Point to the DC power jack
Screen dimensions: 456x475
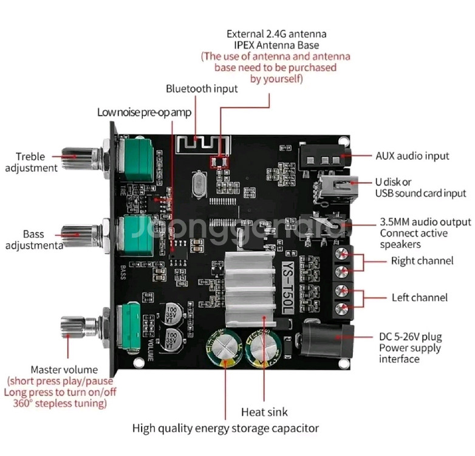pyautogui.click(x=329, y=339)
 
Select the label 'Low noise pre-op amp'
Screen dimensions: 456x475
pyautogui.click(x=144, y=112)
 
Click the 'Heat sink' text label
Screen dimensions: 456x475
pyautogui.click(x=264, y=412)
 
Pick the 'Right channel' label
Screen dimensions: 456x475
pyautogui.click(x=422, y=261)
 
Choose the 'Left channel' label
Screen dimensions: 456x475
pyautogui.click(x=419, y=297)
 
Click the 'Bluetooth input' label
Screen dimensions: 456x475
pyautogui.click(x=202, y=89)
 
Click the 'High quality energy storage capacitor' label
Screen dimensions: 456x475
pyautogui.click(x=225, y=428)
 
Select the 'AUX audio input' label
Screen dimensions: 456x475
pyautogui.click(x=412, y=156)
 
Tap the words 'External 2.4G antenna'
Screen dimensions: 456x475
pyautogui.click(x=276, y=33)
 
